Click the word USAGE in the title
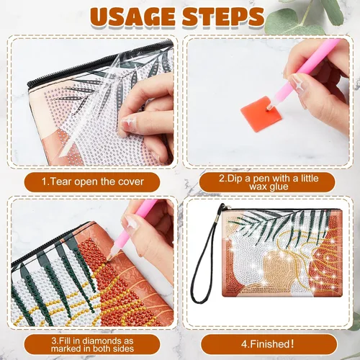[132, 17]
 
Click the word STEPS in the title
[223, 17]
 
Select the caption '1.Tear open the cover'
[92, 181]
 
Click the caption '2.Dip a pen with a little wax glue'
[269, 182]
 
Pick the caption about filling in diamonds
[92, 344]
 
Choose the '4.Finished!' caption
[267, 344]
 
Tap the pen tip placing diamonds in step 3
[109, 259]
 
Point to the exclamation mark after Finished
[292, 343]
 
